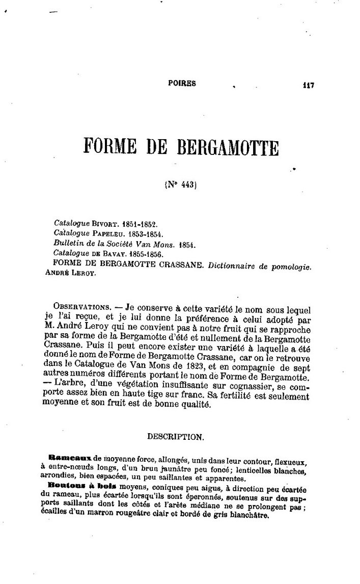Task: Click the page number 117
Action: [307, 85]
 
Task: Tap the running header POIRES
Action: [182, 83]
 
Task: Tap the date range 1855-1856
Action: [146, 253]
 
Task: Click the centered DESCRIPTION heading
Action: [176, 437]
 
